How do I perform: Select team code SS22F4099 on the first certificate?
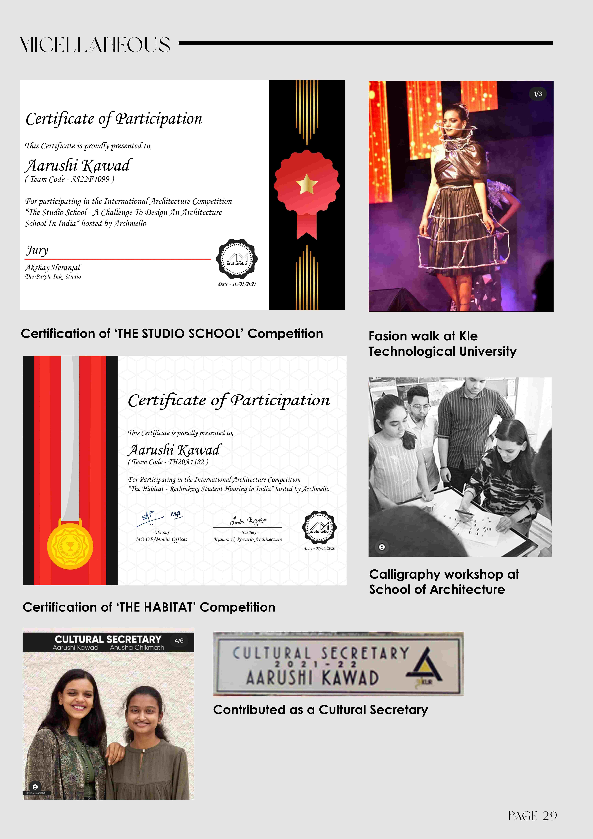(69, 179)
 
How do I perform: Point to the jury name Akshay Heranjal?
(53, 268)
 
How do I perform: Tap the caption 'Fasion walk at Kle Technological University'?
(442, 343)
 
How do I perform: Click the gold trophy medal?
(70, 546)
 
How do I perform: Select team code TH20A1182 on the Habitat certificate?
(168, 462)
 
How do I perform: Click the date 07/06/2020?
(319, 548)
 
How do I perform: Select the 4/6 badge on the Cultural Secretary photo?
(179, 641)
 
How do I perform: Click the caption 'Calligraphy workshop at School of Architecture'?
(444, 582)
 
